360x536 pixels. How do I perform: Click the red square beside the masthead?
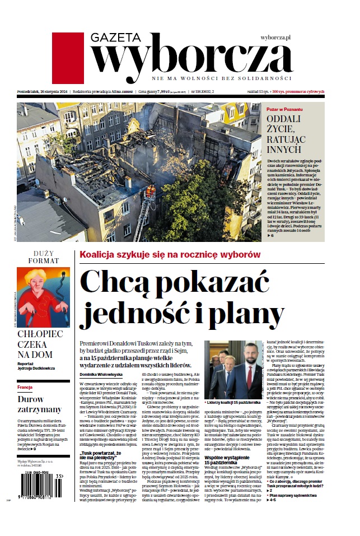[68, 58]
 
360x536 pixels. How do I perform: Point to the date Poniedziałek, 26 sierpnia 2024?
[41, 91]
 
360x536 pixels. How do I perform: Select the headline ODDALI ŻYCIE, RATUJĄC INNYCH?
[284, 134]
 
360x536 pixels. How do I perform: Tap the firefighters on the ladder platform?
[150, 193]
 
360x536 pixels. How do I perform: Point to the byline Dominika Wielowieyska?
[101, 374]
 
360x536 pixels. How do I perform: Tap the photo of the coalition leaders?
[233, 370]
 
